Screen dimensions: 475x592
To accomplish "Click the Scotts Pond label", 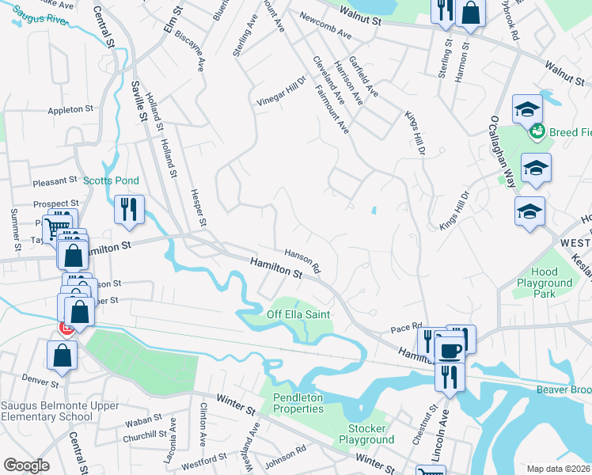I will [111, 180].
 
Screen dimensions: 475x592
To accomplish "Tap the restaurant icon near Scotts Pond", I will [128, 210].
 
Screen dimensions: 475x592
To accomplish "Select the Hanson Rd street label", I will [302, 258].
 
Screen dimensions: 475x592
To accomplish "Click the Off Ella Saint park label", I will [298, 314].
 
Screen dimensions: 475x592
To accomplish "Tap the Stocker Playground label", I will [366, 434].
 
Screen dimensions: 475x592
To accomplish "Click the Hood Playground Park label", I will [545, 283].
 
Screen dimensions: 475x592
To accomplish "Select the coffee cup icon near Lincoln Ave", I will [450, 350].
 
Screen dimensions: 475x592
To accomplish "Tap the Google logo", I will [25, 465].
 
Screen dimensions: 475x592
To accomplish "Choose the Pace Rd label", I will [407, 327].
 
